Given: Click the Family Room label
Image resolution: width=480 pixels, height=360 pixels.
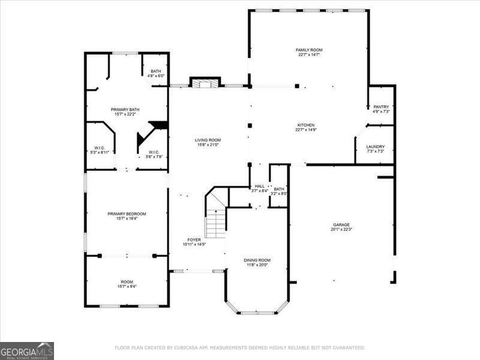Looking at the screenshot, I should (309, 49).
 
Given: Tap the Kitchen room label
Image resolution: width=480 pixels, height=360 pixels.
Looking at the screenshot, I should (305, 125).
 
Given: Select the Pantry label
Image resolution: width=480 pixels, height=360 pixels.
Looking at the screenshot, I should (381, 107).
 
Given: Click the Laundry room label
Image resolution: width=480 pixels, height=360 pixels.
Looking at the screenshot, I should (375, 146).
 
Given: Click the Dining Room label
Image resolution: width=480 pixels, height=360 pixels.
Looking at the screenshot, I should (257, 260).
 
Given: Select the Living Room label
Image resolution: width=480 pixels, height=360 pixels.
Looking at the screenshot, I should (208, 140).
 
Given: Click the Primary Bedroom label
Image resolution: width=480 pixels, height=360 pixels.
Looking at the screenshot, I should (127, 214).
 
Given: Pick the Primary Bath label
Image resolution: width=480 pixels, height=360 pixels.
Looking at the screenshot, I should (125, 109).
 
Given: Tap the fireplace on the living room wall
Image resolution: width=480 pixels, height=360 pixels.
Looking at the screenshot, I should (205, 83).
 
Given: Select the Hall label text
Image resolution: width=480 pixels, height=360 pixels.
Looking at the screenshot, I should (260, 187).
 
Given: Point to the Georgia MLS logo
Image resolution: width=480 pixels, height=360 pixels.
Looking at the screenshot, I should (27, 350).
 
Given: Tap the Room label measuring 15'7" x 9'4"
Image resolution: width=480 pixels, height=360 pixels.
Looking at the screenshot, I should (127, 281).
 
